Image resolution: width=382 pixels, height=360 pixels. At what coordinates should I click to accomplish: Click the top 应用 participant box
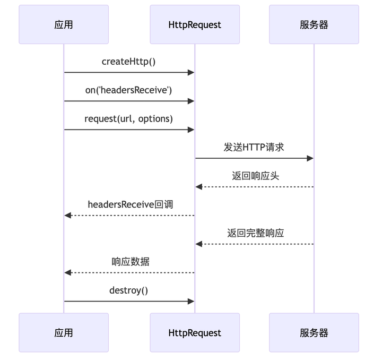(x=64, y=24)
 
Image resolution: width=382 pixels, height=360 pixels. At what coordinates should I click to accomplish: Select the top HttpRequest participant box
(x=195, y=24)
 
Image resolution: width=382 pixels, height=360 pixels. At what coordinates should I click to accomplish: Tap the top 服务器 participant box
(x=314, y=24)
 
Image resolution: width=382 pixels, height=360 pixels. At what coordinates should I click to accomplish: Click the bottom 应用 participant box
(x=64, y=332)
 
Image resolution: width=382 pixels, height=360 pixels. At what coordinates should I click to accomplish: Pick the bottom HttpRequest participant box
(x=195, y=332)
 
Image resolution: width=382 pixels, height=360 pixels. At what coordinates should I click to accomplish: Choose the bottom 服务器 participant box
(x=314, y=332)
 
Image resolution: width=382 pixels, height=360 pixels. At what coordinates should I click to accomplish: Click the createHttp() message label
(x=129, y=62)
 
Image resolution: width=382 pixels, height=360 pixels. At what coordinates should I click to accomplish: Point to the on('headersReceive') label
(x=129, y=90)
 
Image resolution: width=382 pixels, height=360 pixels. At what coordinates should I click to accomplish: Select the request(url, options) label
(x=129, y=119)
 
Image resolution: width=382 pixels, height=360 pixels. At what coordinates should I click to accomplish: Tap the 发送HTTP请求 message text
(x=254, y=148)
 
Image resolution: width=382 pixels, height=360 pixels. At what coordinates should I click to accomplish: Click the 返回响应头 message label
(x=254, y=176)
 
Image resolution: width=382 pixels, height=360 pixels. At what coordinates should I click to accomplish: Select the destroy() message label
(x=129, y=290)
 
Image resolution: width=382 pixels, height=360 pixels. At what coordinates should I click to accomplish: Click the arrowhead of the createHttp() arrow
(x=192, y=72)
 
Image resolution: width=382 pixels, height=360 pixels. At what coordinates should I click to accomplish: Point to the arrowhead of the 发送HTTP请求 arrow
(x=310, y=158)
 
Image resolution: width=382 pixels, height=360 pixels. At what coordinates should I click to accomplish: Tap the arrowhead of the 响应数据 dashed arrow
(x=67, y=272)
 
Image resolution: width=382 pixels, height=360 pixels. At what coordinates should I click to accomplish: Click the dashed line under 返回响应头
(x=255, y=187)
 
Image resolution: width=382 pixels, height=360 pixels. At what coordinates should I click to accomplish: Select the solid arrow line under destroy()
(x=129, y=301)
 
